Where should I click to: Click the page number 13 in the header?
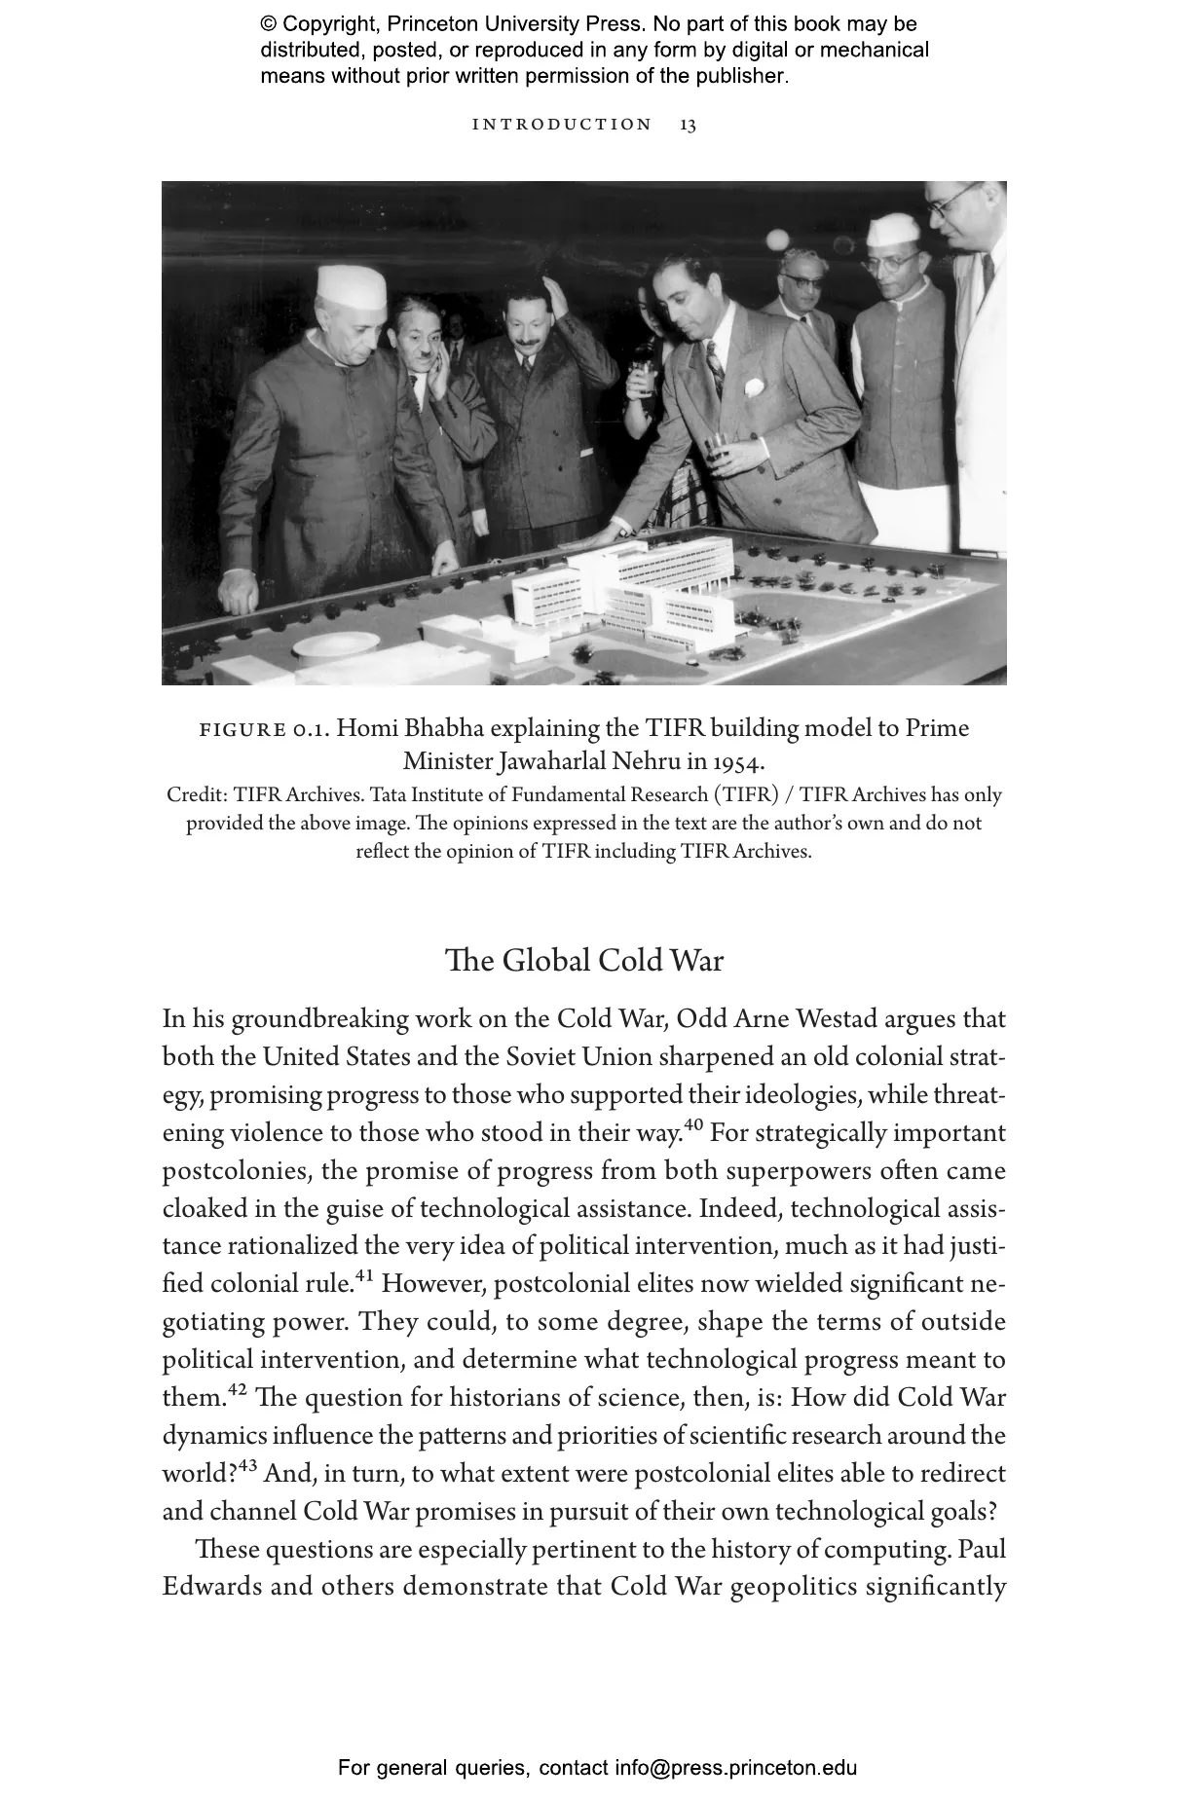(688, 125)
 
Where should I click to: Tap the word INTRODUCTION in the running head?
(562, 125)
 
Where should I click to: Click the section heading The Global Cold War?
(584, 961)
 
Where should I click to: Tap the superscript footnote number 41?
(364, 1276)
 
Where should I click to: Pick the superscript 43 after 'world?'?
(248, 1466)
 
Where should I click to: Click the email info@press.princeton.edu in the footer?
(735, 1768)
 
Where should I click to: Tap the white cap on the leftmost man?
(351, 286)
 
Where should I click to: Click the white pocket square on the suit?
(754, 386)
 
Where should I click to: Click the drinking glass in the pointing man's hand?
(719, 449)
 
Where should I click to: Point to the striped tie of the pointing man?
(715, 366)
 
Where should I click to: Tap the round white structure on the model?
(336, 644)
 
